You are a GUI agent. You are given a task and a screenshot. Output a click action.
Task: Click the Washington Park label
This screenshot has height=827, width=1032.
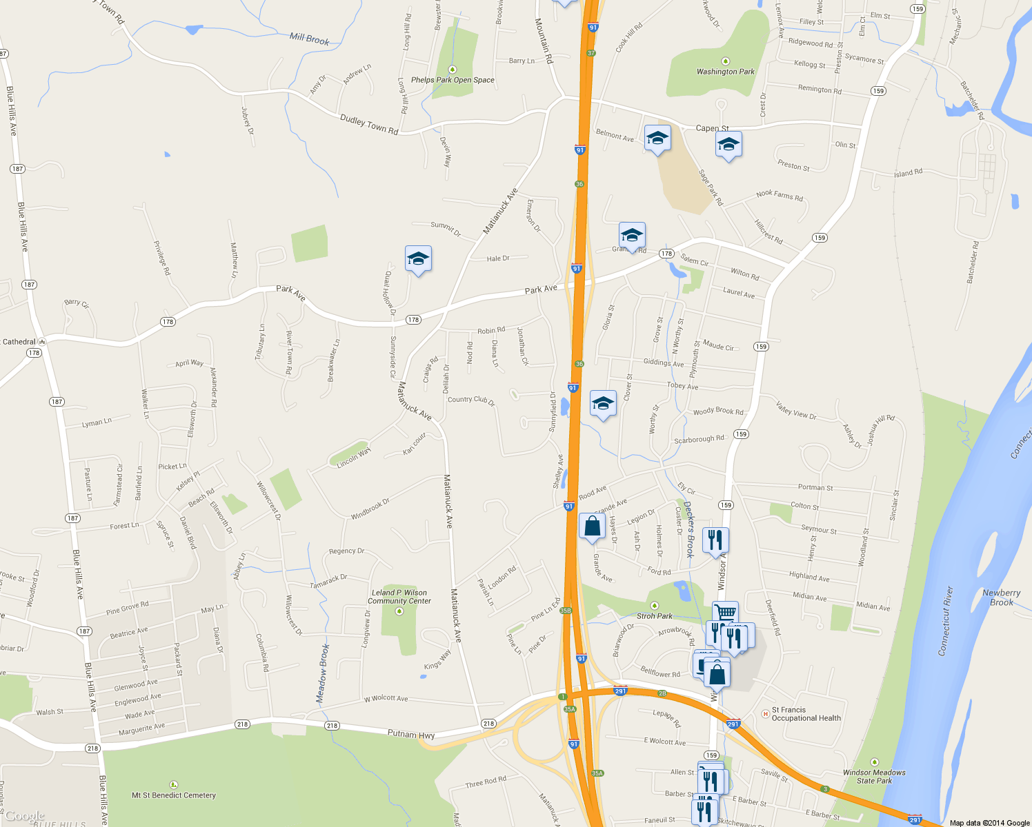[725, 72]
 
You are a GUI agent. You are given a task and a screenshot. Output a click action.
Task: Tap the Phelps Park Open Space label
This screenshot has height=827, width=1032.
[453, 80]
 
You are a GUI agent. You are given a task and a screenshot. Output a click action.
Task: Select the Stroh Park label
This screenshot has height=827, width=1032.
[654, 616]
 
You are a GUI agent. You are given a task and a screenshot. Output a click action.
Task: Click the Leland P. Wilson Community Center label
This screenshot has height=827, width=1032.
[399, 597]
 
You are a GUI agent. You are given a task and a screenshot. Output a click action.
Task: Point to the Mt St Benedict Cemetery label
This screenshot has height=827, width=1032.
[174, 795]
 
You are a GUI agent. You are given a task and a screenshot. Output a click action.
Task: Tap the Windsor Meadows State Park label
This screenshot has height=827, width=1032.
[874, 777]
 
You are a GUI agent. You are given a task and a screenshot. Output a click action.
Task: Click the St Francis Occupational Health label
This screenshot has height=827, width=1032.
[806, 714]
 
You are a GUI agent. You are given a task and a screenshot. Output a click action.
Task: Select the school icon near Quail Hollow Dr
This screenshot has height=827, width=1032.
[418, 259]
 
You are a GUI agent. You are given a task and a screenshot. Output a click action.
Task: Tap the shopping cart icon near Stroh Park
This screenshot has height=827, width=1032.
[725, 611]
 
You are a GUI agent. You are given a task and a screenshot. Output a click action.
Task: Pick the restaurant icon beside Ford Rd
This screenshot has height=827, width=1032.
[715, 539]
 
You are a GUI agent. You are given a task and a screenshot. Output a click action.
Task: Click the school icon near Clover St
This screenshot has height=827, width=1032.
[603, 403]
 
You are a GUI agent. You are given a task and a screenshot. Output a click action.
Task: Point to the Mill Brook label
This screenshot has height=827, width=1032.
[309, 39]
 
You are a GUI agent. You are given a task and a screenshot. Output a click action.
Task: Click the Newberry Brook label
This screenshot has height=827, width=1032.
[1001, 598]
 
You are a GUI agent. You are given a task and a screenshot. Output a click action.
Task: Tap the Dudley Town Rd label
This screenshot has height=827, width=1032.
[369, 125]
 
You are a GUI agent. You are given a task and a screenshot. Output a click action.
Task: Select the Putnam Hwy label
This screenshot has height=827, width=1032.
[411, 735]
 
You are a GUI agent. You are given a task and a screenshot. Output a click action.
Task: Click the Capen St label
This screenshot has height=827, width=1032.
[712, 128]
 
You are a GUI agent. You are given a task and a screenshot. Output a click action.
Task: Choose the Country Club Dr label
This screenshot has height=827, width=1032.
[471, 400]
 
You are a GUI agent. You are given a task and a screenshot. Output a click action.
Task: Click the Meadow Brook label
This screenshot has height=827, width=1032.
[323, 673]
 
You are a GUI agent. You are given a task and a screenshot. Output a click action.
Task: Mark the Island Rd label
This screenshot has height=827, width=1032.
[908, 172]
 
